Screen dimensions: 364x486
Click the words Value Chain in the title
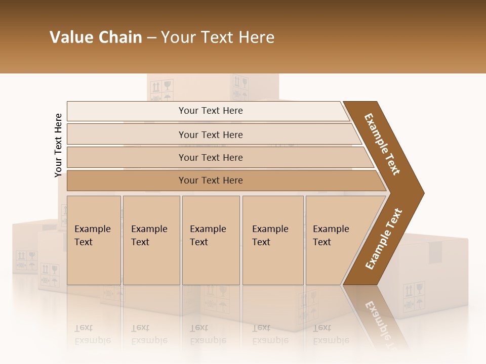pos(96,37)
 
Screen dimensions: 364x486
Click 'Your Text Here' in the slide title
pos(218,37)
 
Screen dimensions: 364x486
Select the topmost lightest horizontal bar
pos(211,111)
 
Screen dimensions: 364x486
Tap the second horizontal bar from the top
pos(211,134)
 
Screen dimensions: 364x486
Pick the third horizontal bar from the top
pos(211,157)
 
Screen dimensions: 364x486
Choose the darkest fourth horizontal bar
pos(211,180)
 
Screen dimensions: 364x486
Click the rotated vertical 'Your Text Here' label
pos(58,145)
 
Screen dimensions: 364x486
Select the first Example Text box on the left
pos(94,240)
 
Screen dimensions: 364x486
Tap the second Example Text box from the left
pos(151,240)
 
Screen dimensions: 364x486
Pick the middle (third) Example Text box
pos(211,240)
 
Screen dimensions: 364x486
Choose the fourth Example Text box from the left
pos(273,240)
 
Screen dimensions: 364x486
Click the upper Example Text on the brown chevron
pos(382,144)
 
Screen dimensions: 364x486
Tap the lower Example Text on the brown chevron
pos(383,239)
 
